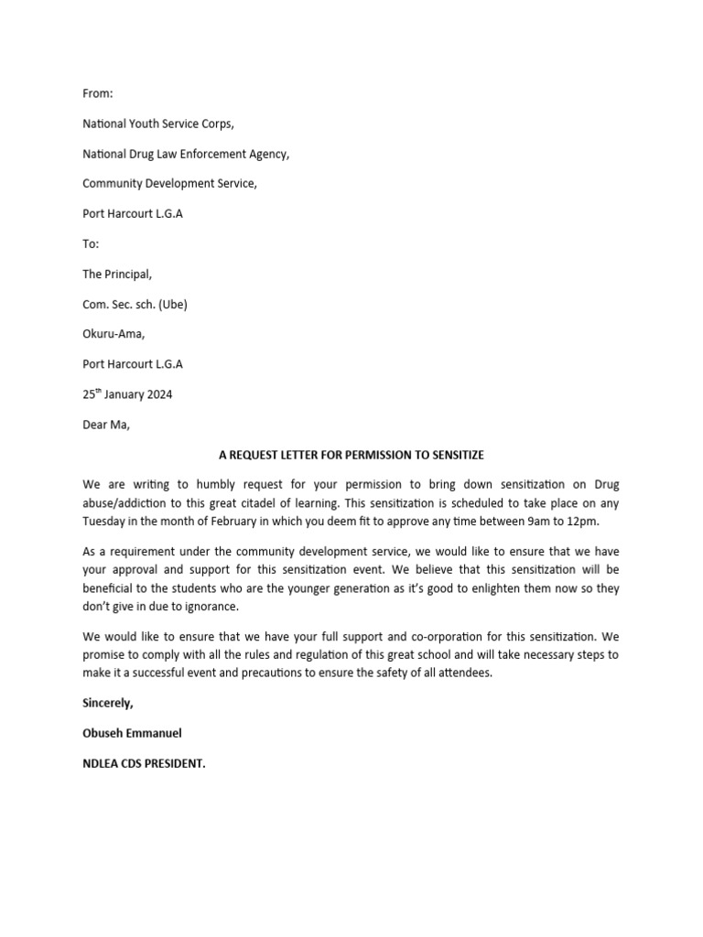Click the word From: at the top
point(98,93)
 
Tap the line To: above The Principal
point(91,243)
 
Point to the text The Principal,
point(118,274)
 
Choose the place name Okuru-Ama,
point(114,334)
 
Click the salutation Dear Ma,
point(107,425)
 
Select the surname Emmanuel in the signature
point(155,733)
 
